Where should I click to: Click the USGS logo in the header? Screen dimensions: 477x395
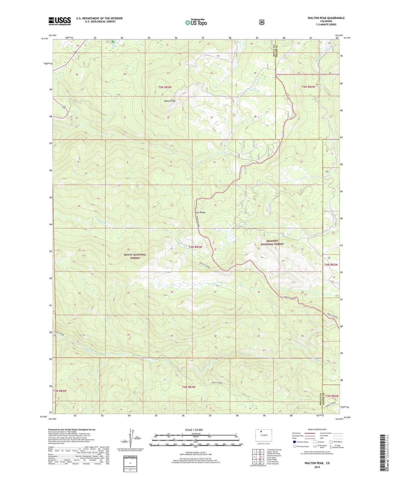60,21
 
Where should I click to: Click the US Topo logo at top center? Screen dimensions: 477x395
196,22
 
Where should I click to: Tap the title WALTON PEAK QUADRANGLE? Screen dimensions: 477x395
322,18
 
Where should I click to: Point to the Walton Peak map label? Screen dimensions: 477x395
169,101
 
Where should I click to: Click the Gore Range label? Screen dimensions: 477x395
200,212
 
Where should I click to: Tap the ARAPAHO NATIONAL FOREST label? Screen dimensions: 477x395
272,243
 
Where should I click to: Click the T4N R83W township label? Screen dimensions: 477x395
194,247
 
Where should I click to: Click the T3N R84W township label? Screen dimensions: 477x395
60,391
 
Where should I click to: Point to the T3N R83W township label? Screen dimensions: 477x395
189,387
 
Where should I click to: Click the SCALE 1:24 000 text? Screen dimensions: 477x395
194,430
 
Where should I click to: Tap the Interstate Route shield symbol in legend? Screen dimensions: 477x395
294,442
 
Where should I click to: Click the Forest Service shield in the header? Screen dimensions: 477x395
262,22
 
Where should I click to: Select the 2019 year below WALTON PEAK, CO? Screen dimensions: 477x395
317,467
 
